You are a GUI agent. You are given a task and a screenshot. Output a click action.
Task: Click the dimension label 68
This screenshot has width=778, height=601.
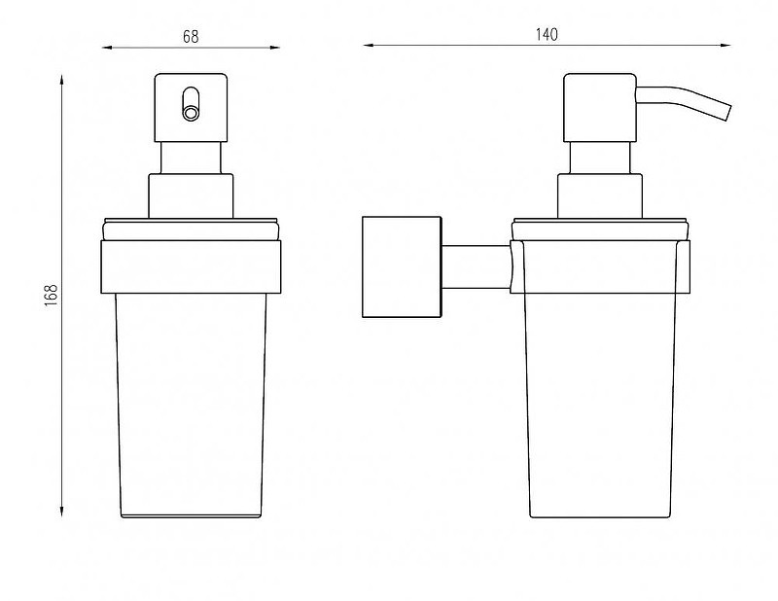click(191, 36)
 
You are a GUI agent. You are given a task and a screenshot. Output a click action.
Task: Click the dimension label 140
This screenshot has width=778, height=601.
click(547, 34)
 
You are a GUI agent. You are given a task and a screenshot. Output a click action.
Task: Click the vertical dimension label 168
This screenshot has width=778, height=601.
click(52, 296)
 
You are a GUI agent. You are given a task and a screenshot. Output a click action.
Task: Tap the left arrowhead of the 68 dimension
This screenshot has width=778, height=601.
click(107, 48)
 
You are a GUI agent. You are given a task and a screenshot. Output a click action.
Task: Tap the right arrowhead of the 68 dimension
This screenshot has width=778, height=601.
click(274, 48)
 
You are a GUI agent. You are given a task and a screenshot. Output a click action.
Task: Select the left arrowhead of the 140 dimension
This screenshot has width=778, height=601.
click(368, 45)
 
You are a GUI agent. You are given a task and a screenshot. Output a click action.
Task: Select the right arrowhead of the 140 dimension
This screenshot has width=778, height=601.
click(725, 45)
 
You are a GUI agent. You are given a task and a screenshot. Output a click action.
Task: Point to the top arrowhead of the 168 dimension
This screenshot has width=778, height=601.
click(61, 80)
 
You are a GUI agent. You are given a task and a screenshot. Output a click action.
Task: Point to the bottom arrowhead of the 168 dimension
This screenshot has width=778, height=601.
click(61, 513)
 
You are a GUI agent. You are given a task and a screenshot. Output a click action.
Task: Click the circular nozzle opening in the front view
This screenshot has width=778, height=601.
click(191, 113)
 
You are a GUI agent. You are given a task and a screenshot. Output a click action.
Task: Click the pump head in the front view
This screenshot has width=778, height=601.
click(191, 108)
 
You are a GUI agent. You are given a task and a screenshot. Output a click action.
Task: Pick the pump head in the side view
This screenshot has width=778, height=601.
click(600, 108)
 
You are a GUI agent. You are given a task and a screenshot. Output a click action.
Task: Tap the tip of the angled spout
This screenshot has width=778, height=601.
click(728, 112)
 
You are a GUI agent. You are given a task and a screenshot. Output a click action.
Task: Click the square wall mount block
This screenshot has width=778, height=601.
click(402, 267)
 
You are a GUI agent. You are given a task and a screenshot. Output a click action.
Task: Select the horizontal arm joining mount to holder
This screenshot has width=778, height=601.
click(476, 267)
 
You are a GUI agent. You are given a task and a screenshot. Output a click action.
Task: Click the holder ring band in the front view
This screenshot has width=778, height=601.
click(191, 267)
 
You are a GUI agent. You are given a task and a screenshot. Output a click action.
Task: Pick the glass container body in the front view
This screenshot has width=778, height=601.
click(191, 406)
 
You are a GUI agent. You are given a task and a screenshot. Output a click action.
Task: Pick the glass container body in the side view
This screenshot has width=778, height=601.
click(600, 406)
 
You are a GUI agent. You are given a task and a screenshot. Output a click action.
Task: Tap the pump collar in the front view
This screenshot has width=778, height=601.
click(191, 195)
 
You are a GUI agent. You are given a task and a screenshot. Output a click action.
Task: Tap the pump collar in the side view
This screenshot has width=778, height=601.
click(600, 195)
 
